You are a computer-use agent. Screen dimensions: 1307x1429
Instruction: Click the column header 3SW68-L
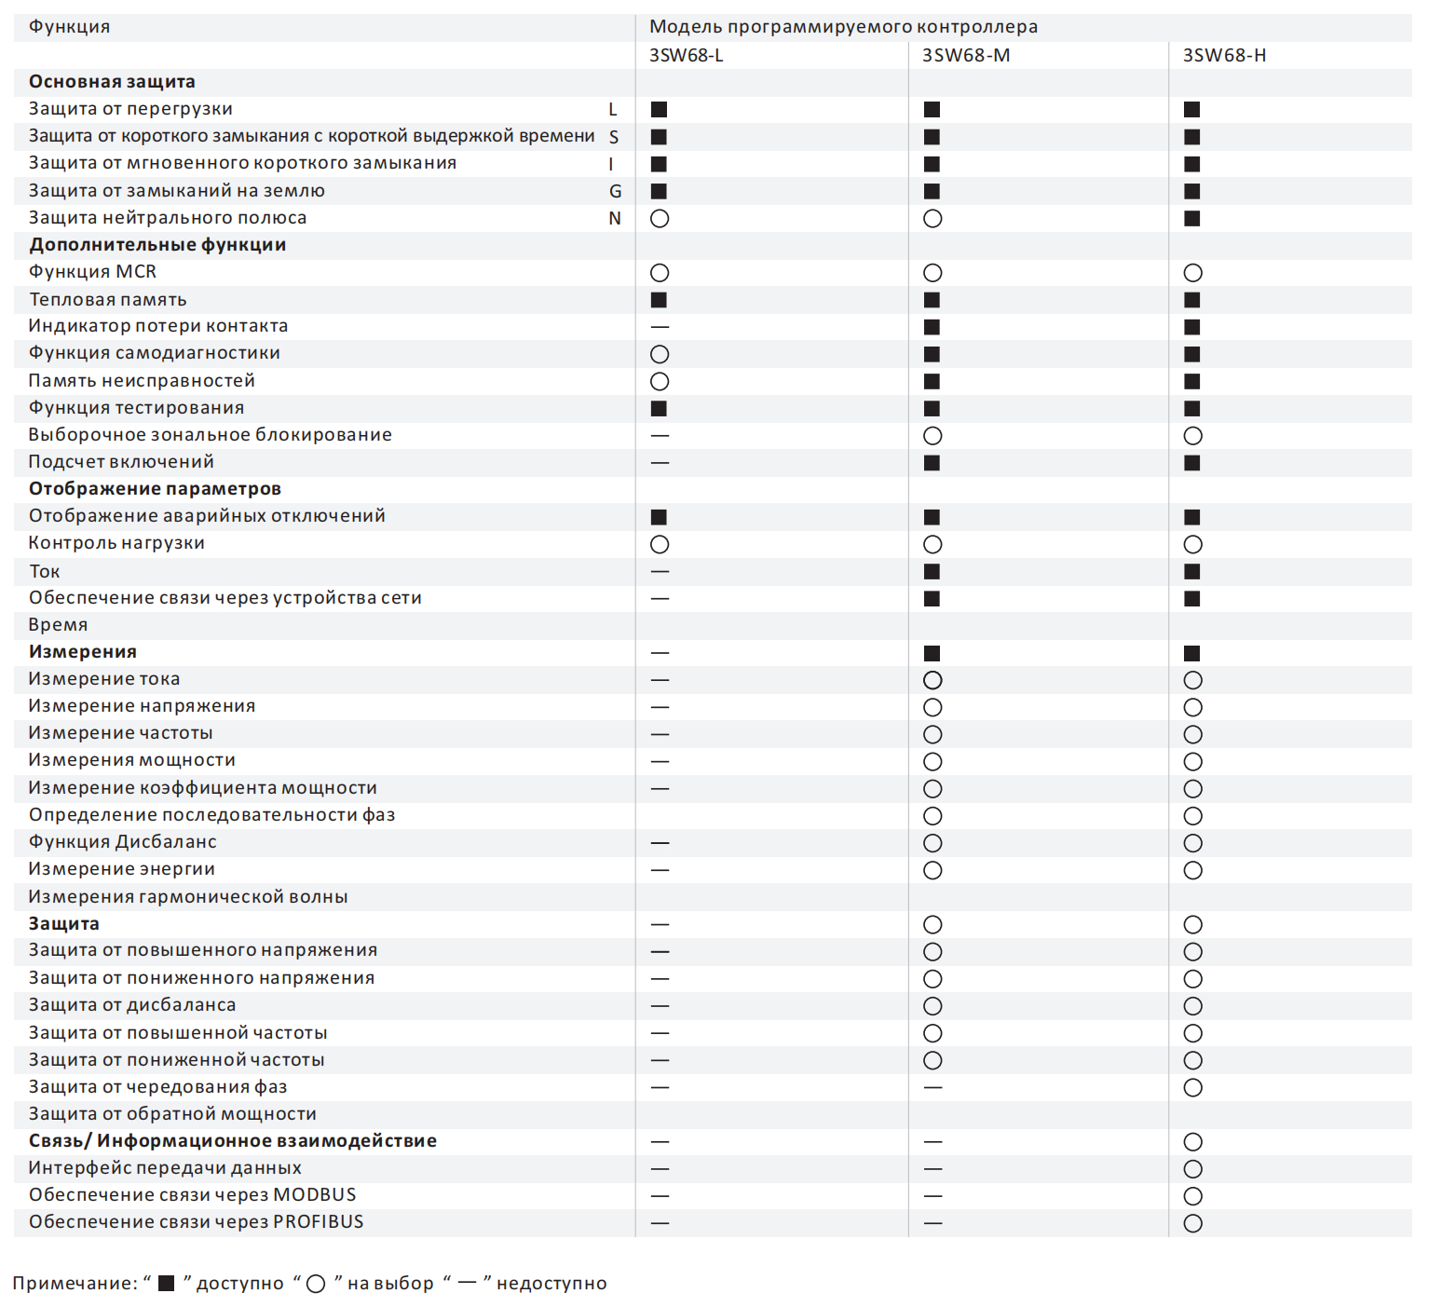[x=686, y=55]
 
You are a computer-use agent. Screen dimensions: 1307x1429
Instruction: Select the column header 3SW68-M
[x=966, y=55]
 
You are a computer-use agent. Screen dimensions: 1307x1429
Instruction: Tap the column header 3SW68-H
[x=1224, y=55]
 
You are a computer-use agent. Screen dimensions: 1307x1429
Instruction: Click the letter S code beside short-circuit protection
[x=614, y=137]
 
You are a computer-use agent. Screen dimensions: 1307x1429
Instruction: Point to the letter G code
[x=615, y=191]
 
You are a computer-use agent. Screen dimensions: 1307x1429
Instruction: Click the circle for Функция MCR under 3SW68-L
[x=660, y=273]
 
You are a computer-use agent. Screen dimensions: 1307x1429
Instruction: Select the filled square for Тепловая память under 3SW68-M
[x=932, y=300]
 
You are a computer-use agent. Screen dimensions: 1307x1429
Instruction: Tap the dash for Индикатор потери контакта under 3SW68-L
[x=660, y=327]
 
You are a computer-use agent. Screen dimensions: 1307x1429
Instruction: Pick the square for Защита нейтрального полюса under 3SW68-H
[x=1191, y=219]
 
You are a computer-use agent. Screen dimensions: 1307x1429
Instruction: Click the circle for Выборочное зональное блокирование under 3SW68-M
[x=932, y=436]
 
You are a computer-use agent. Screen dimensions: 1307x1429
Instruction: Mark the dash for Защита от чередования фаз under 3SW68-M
[x=932, y=1087]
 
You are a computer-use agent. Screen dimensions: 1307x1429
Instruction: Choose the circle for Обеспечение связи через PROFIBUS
[x=1192, y=1223]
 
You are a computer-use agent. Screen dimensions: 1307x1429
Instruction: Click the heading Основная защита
[x=112, y=82]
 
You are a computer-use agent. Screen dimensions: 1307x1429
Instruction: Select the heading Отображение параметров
[x=155, y=489]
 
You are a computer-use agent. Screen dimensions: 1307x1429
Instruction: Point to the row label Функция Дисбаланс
[x=122, y=842]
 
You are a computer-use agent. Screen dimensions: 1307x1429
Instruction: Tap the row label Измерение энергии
[x=121, y=869]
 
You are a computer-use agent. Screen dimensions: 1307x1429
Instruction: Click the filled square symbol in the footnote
[x=167, y=1283]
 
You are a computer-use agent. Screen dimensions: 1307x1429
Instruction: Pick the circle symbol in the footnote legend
[x=316, y=1284]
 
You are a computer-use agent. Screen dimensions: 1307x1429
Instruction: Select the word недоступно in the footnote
[x=551, y=1284]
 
